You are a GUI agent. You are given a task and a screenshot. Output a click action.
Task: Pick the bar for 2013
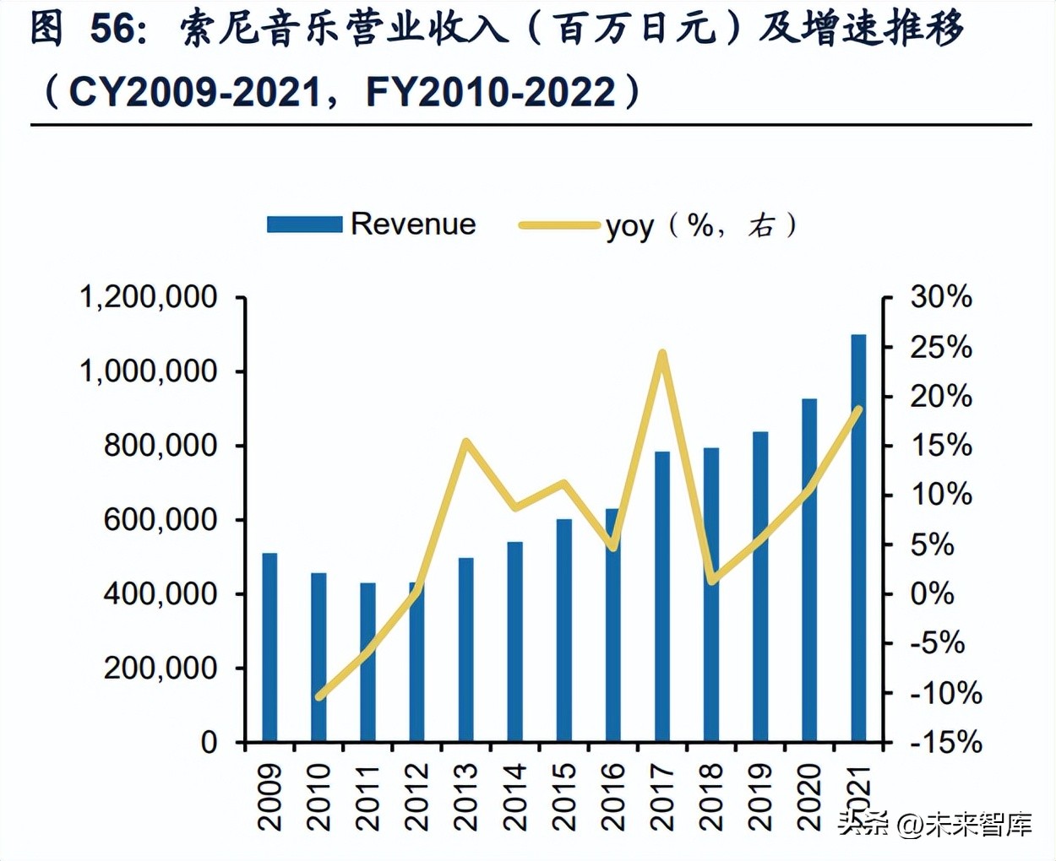466,650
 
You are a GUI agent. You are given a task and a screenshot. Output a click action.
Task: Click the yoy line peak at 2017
662,354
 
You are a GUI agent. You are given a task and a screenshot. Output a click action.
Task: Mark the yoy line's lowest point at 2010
319,696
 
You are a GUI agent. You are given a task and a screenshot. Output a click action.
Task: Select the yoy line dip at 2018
712,580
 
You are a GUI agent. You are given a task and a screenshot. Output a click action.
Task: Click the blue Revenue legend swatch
304,225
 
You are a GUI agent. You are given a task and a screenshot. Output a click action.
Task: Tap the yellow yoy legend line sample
559,225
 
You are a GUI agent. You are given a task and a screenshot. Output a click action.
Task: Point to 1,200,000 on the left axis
148,297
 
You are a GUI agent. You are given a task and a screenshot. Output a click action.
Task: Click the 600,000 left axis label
161,520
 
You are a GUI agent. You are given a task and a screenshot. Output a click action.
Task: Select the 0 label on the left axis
209,743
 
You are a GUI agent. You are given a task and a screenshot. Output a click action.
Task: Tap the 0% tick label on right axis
932,594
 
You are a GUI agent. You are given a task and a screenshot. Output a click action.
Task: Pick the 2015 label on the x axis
564,797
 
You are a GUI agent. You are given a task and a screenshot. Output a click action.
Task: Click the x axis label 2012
417,797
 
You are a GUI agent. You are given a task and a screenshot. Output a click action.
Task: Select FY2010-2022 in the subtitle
491,91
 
